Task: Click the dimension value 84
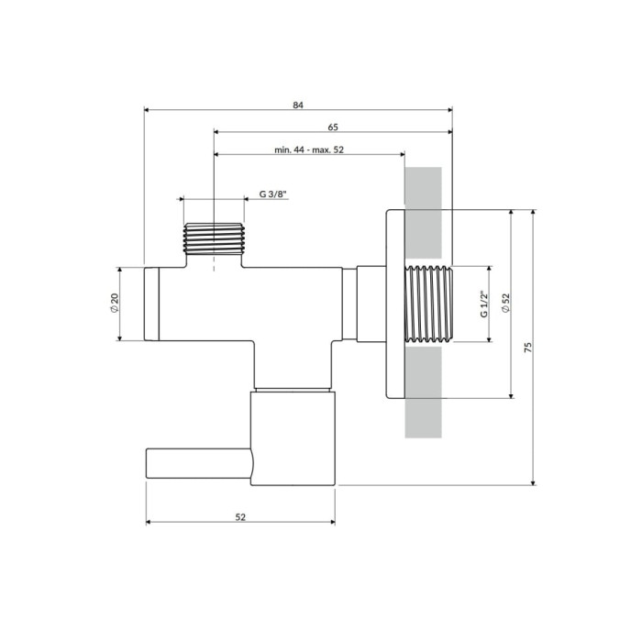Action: pyautogui.click(x=298, y=105)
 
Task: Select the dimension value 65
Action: pyautogui.click(x=333, y=127)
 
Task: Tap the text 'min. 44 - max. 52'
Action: pyautogui.click(x=309, y=149)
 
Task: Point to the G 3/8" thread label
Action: pyautogui.click(x=273, y=194)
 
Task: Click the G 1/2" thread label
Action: pyautogui.click(x=484, y=304)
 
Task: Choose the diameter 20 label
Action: pyautogui.click(x=115, y=304)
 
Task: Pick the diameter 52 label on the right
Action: pyautogui.click(x=505, y=304)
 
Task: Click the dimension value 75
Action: pyautogui.click(x=528, y=348)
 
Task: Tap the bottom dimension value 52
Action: pyautogui.click(x=240, y=517)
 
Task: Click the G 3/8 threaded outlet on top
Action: pyautogui.click(x=214, y=238)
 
